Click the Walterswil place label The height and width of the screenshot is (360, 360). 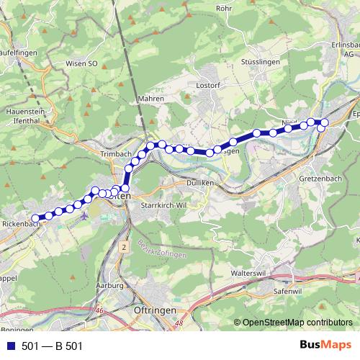pos(250,274)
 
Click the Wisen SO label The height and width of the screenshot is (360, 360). pos(81,63)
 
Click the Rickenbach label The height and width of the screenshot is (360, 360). pos(21,223)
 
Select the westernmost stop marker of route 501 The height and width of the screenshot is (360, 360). pos(35,217)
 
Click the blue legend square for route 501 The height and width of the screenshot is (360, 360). pos(9,346)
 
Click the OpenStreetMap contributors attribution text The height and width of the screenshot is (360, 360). pos(297,322)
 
